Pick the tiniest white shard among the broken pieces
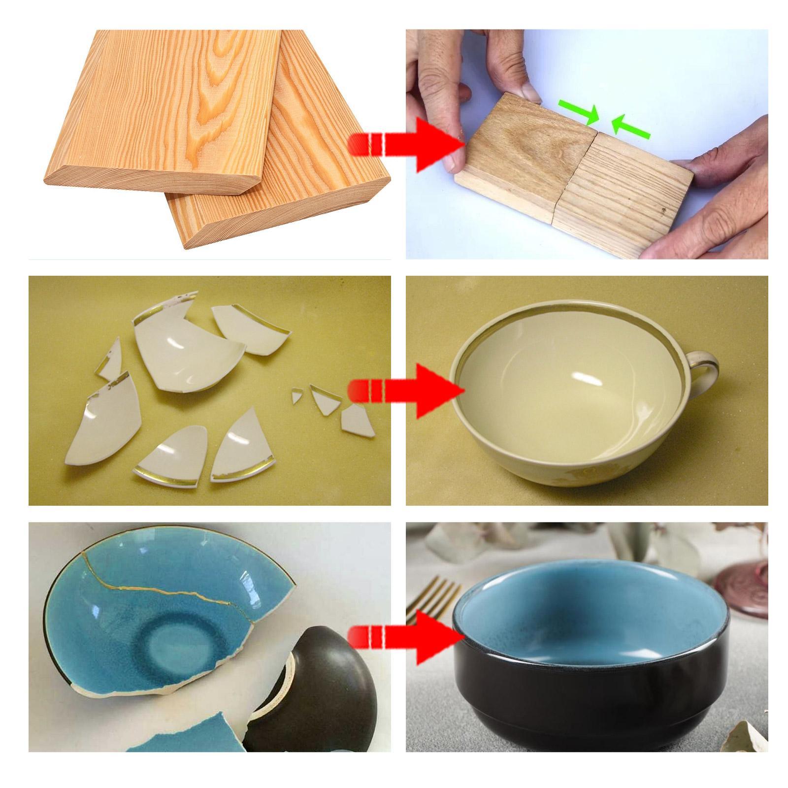pyautogui.click(x=297, y=395)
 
